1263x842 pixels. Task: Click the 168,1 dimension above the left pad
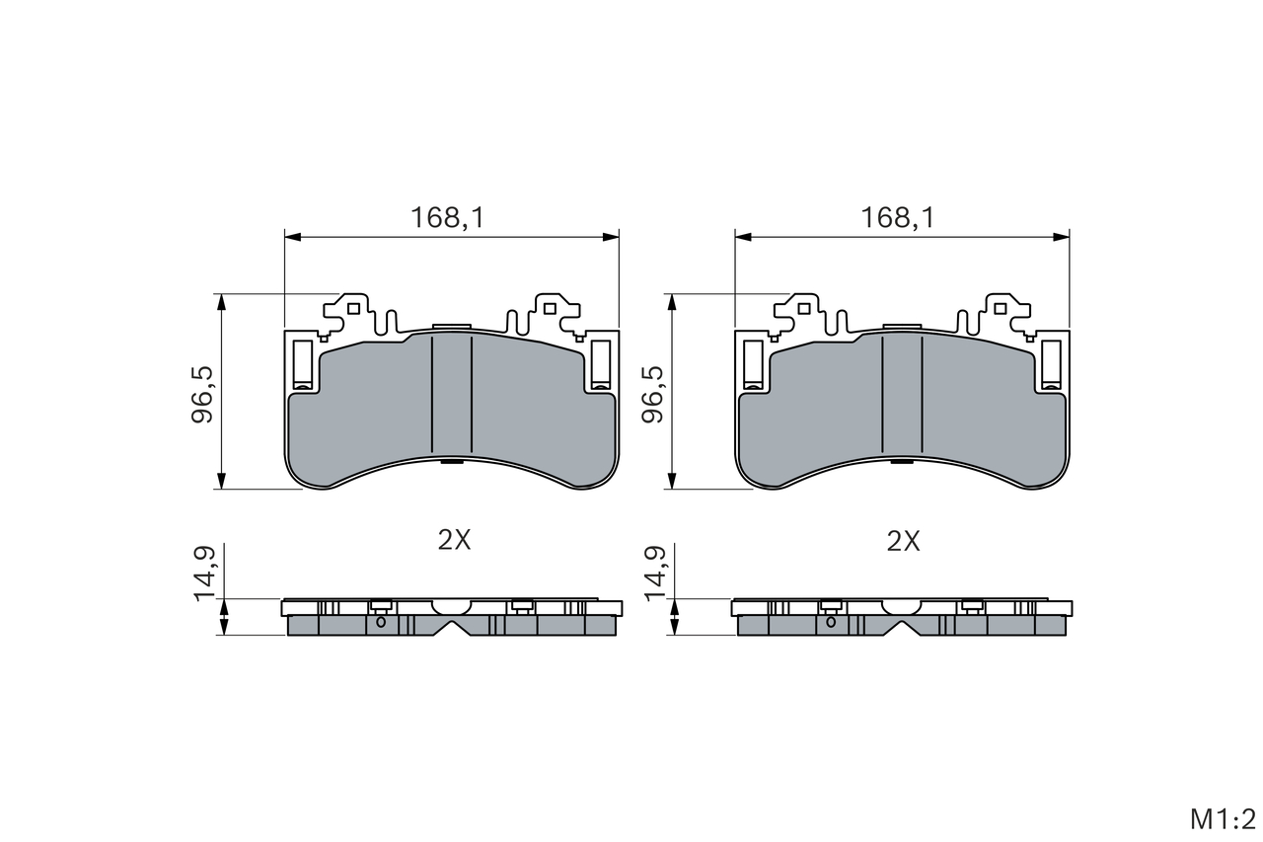448,218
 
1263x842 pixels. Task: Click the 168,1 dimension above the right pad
898,218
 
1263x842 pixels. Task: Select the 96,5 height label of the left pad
202,394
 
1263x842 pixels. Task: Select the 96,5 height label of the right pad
653,394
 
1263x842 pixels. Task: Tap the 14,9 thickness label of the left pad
204,573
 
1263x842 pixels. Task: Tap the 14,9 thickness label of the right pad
654,573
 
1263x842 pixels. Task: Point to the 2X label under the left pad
455,541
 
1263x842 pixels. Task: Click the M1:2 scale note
1223,819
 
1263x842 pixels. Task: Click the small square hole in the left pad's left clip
354,309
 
